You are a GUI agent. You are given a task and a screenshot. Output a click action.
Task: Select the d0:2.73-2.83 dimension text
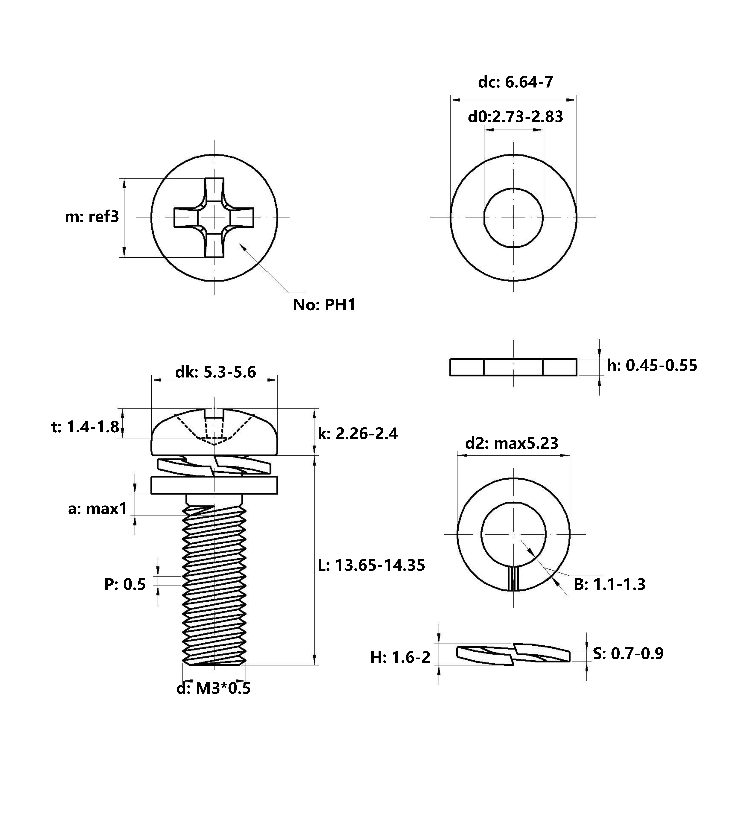[516, 117]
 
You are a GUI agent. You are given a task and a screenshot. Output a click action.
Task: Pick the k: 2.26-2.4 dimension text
[358, 434]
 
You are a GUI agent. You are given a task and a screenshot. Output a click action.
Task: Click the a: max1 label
[98, 509]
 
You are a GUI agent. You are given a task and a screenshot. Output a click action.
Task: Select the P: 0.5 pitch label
[125, 584]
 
